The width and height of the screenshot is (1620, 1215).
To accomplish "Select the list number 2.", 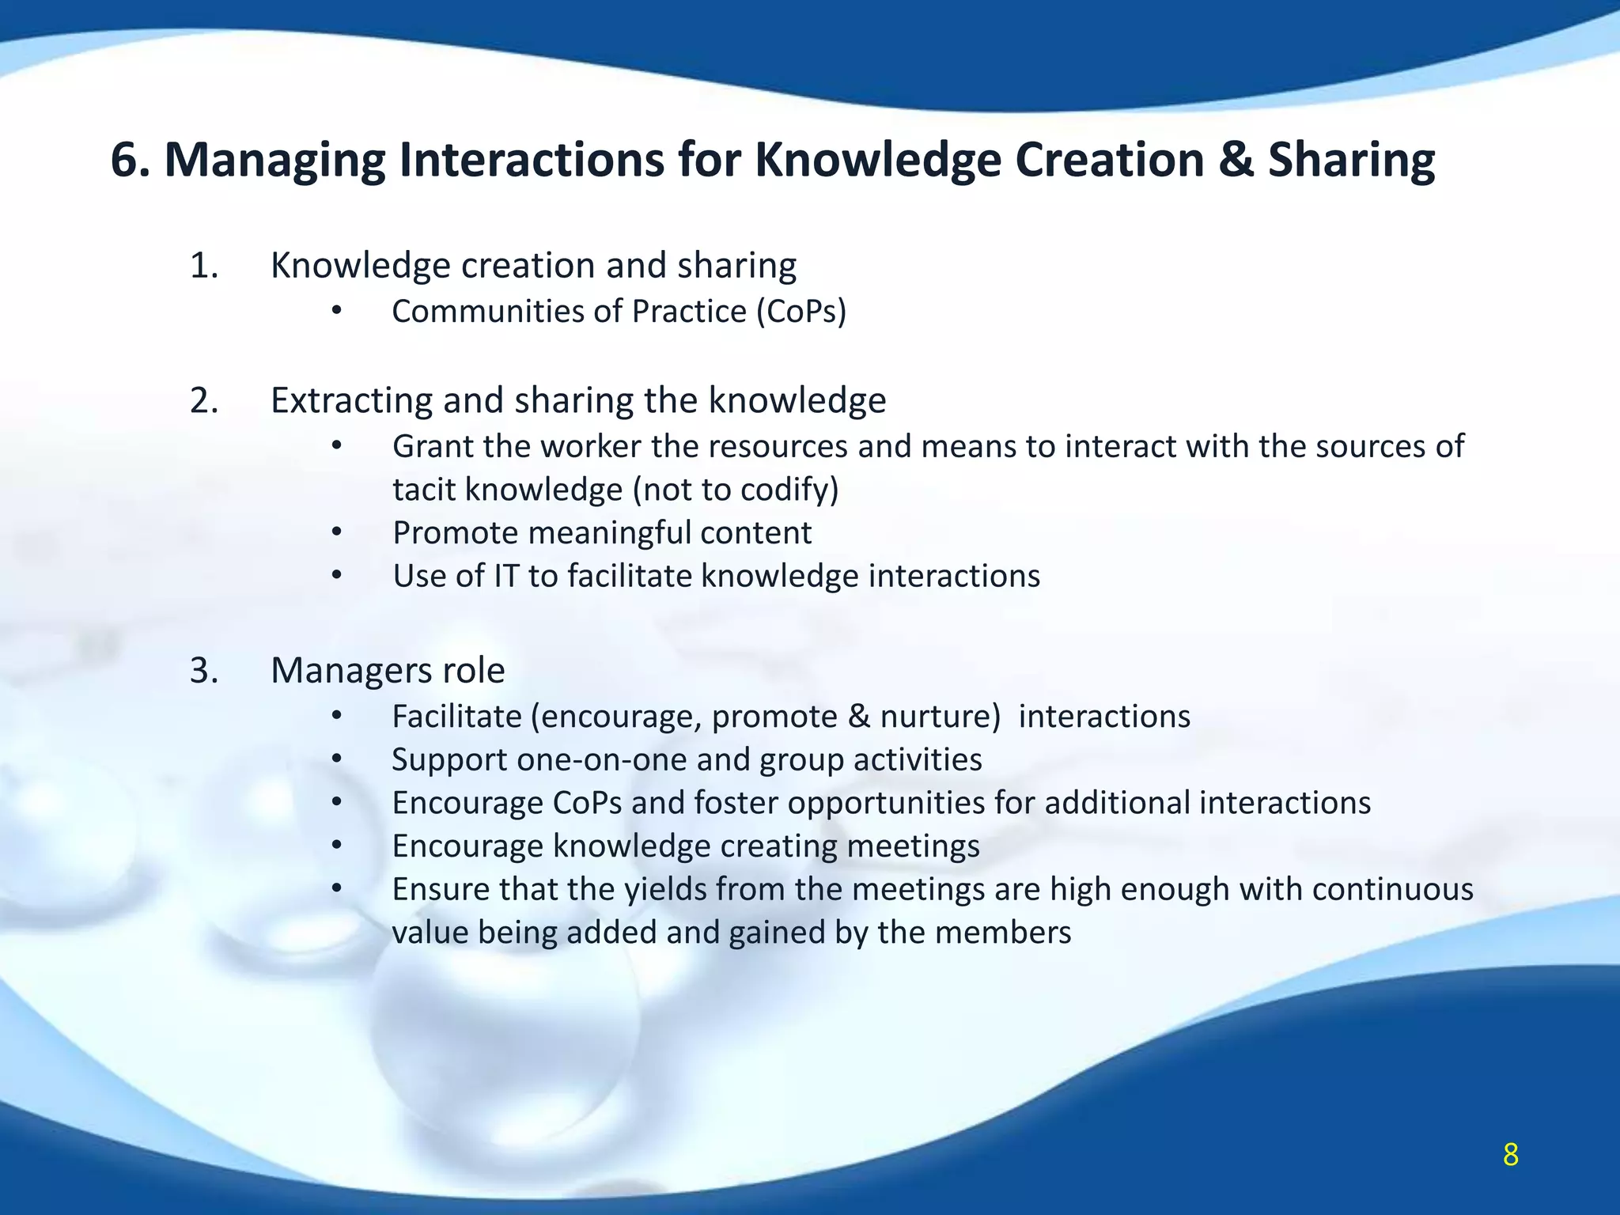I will (x=203, y=400).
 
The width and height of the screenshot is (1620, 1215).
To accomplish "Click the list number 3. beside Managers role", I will (x=203, y=671).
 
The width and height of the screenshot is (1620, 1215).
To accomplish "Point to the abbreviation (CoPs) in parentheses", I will (x=801, y=312).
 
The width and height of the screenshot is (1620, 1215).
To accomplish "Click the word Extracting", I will (x=350, y=400).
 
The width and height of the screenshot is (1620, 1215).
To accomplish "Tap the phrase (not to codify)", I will (x=736, y=490).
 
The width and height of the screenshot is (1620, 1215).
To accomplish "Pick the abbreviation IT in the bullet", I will (x=505, y=576).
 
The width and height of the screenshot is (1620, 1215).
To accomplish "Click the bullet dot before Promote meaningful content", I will (x=336, y=533).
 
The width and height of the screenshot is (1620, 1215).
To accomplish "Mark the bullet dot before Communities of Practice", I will (x=336, y=312).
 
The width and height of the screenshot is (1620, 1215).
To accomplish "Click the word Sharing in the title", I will (x=1352, y=160).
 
